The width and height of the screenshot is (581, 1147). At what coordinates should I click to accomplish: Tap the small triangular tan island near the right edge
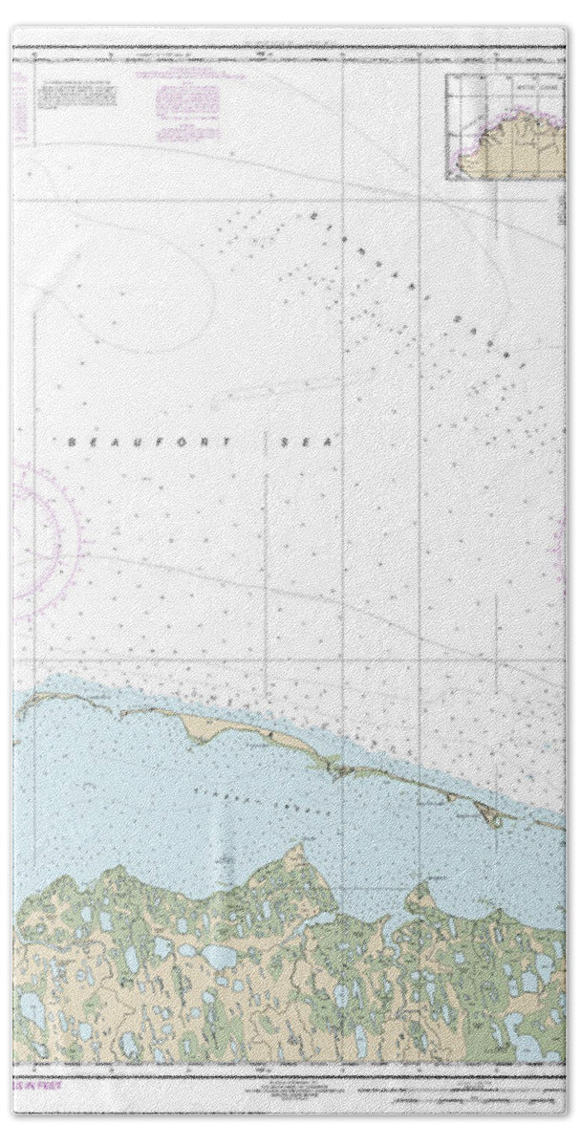tap(486, 813)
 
